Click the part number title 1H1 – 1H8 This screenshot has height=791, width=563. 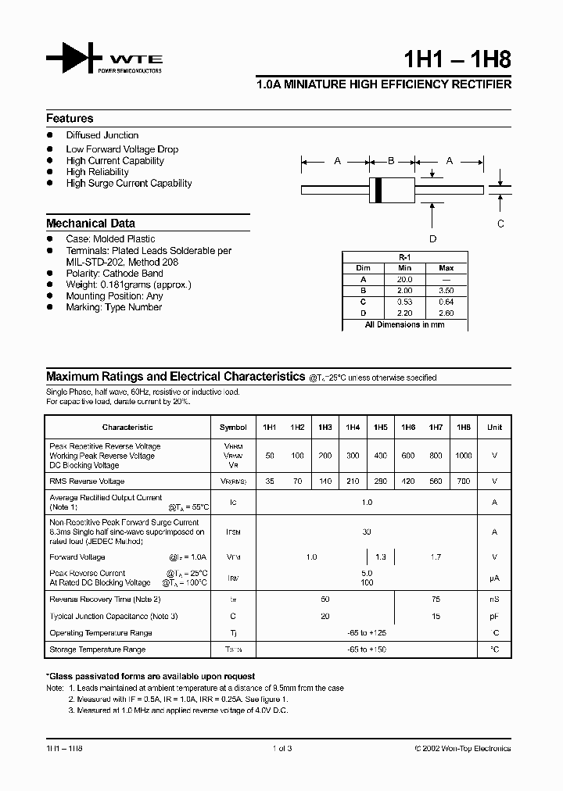(x=460, y=61)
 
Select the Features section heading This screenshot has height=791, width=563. (x=70, y=119)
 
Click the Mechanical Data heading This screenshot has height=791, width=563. (x=91, y=224)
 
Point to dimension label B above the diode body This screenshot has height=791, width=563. (x=391, y=161)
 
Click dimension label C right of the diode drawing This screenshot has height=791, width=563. (x=500, y=224)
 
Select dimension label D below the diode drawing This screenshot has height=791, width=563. (x=432, y=239)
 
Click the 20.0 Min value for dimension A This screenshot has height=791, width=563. (x=404, y=279)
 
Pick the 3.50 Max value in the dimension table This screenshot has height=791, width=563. (x=446, y=290)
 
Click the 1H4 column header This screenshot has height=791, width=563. (x=353, y=428)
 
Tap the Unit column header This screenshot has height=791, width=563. (x=494, y=428)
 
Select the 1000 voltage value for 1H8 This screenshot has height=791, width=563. (x=464, y=455)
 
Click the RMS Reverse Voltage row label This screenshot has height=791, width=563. (x=87, y=481)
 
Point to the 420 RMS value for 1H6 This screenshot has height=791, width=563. (x=408, y=481)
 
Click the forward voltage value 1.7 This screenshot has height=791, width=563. (x=436, y=557)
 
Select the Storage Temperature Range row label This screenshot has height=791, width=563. (x=98, y=650)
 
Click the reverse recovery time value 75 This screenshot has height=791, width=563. (x=436, y=600)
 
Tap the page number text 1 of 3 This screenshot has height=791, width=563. (x=281, y=748)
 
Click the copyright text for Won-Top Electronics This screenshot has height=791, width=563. (x=462, y=748)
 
